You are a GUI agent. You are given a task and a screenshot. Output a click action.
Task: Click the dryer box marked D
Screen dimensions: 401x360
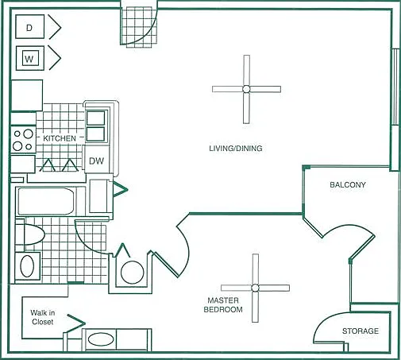click(29, 27)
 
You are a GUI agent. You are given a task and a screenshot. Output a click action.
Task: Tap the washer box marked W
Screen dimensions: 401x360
click(29, 58)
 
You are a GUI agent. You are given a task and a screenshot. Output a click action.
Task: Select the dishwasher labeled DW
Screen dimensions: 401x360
click(96, 161)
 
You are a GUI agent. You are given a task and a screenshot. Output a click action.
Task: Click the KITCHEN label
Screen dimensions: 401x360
click(60, 138)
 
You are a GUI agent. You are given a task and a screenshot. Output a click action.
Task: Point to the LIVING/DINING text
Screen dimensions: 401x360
click(236, 149)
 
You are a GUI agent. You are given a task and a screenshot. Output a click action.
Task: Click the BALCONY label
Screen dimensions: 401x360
click(348, 184)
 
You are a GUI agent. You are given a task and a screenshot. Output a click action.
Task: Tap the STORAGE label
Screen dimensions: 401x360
click(361, 331)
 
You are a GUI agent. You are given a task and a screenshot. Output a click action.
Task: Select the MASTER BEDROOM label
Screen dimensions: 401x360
click(223, 305)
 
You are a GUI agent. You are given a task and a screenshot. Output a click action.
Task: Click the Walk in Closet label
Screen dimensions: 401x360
click(42, 317)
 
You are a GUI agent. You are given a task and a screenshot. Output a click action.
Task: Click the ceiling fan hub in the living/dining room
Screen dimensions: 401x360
click(246, 89)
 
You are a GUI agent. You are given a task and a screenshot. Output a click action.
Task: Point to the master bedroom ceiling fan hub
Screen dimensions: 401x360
click(255, 288)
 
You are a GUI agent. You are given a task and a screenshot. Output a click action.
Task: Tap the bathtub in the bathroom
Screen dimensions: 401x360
click(46, 201)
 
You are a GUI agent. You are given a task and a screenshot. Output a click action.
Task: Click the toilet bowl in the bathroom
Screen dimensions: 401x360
click(33, 234)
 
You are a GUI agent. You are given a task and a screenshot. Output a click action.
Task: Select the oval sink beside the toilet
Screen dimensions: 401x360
click(27, 266)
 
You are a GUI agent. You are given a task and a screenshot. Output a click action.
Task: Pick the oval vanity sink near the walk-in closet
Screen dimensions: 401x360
click(101, 339)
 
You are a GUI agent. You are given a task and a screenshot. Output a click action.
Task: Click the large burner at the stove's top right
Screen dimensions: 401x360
click(28, 134)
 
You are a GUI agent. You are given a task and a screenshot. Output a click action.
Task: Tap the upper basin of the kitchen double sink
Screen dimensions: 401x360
click(95, 118)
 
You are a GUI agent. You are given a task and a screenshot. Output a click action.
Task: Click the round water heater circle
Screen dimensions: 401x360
click(132, 273)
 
